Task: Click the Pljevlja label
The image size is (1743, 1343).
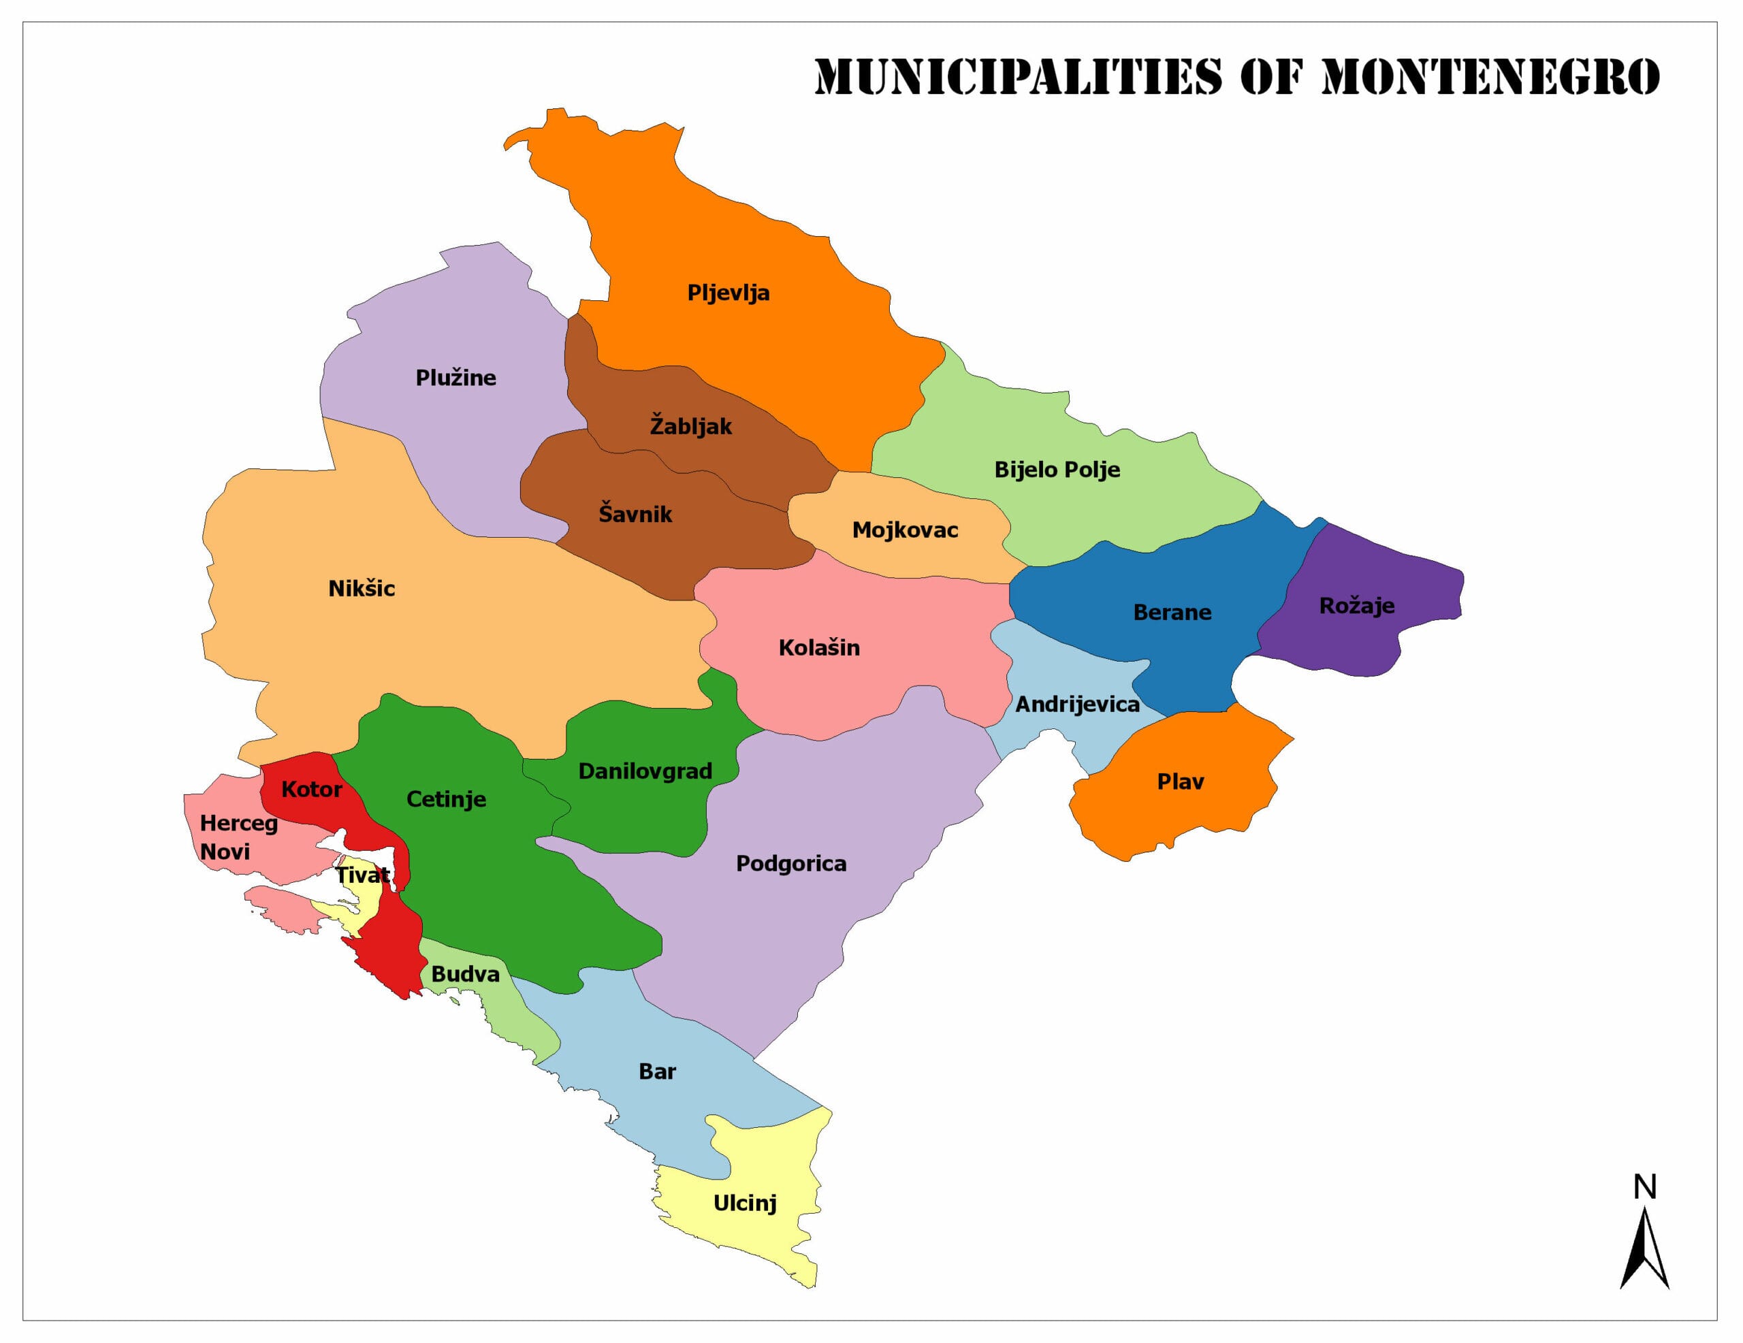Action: (728, 293)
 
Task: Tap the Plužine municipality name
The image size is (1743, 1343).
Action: (455, 378)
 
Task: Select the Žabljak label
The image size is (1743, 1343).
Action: (690, 425)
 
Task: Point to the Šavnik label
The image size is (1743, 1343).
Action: (635, 513)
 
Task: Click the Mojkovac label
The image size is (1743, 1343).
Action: (905, 530)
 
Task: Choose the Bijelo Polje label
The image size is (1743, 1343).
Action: (1057, 470)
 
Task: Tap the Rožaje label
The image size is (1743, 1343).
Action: (1357, 606)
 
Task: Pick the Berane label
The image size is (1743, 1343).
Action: (1172, 612)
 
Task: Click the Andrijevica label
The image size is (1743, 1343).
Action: (1077, 704)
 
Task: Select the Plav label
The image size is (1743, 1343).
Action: (1181, 781)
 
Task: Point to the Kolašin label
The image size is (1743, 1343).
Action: (819, 647)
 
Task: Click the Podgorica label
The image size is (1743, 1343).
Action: (791, 863)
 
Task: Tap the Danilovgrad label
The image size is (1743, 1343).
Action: (645, 771)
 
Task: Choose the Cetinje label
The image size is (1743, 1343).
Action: (446, 798)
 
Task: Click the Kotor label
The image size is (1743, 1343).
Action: (311, 789)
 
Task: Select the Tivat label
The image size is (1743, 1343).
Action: (362, 875)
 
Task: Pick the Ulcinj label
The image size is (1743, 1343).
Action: (745, 1203)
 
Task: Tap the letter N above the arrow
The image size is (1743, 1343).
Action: (1645, 1187)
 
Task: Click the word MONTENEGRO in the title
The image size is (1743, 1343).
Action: (1490, 77)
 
